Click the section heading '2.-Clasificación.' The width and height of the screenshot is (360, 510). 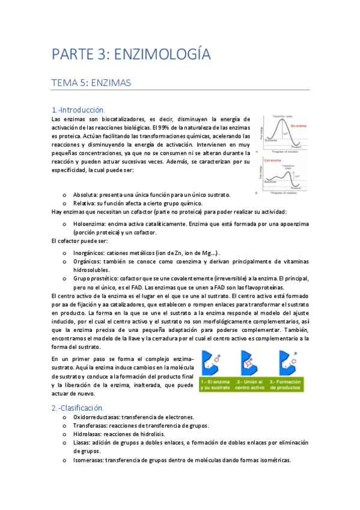(78, 408)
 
